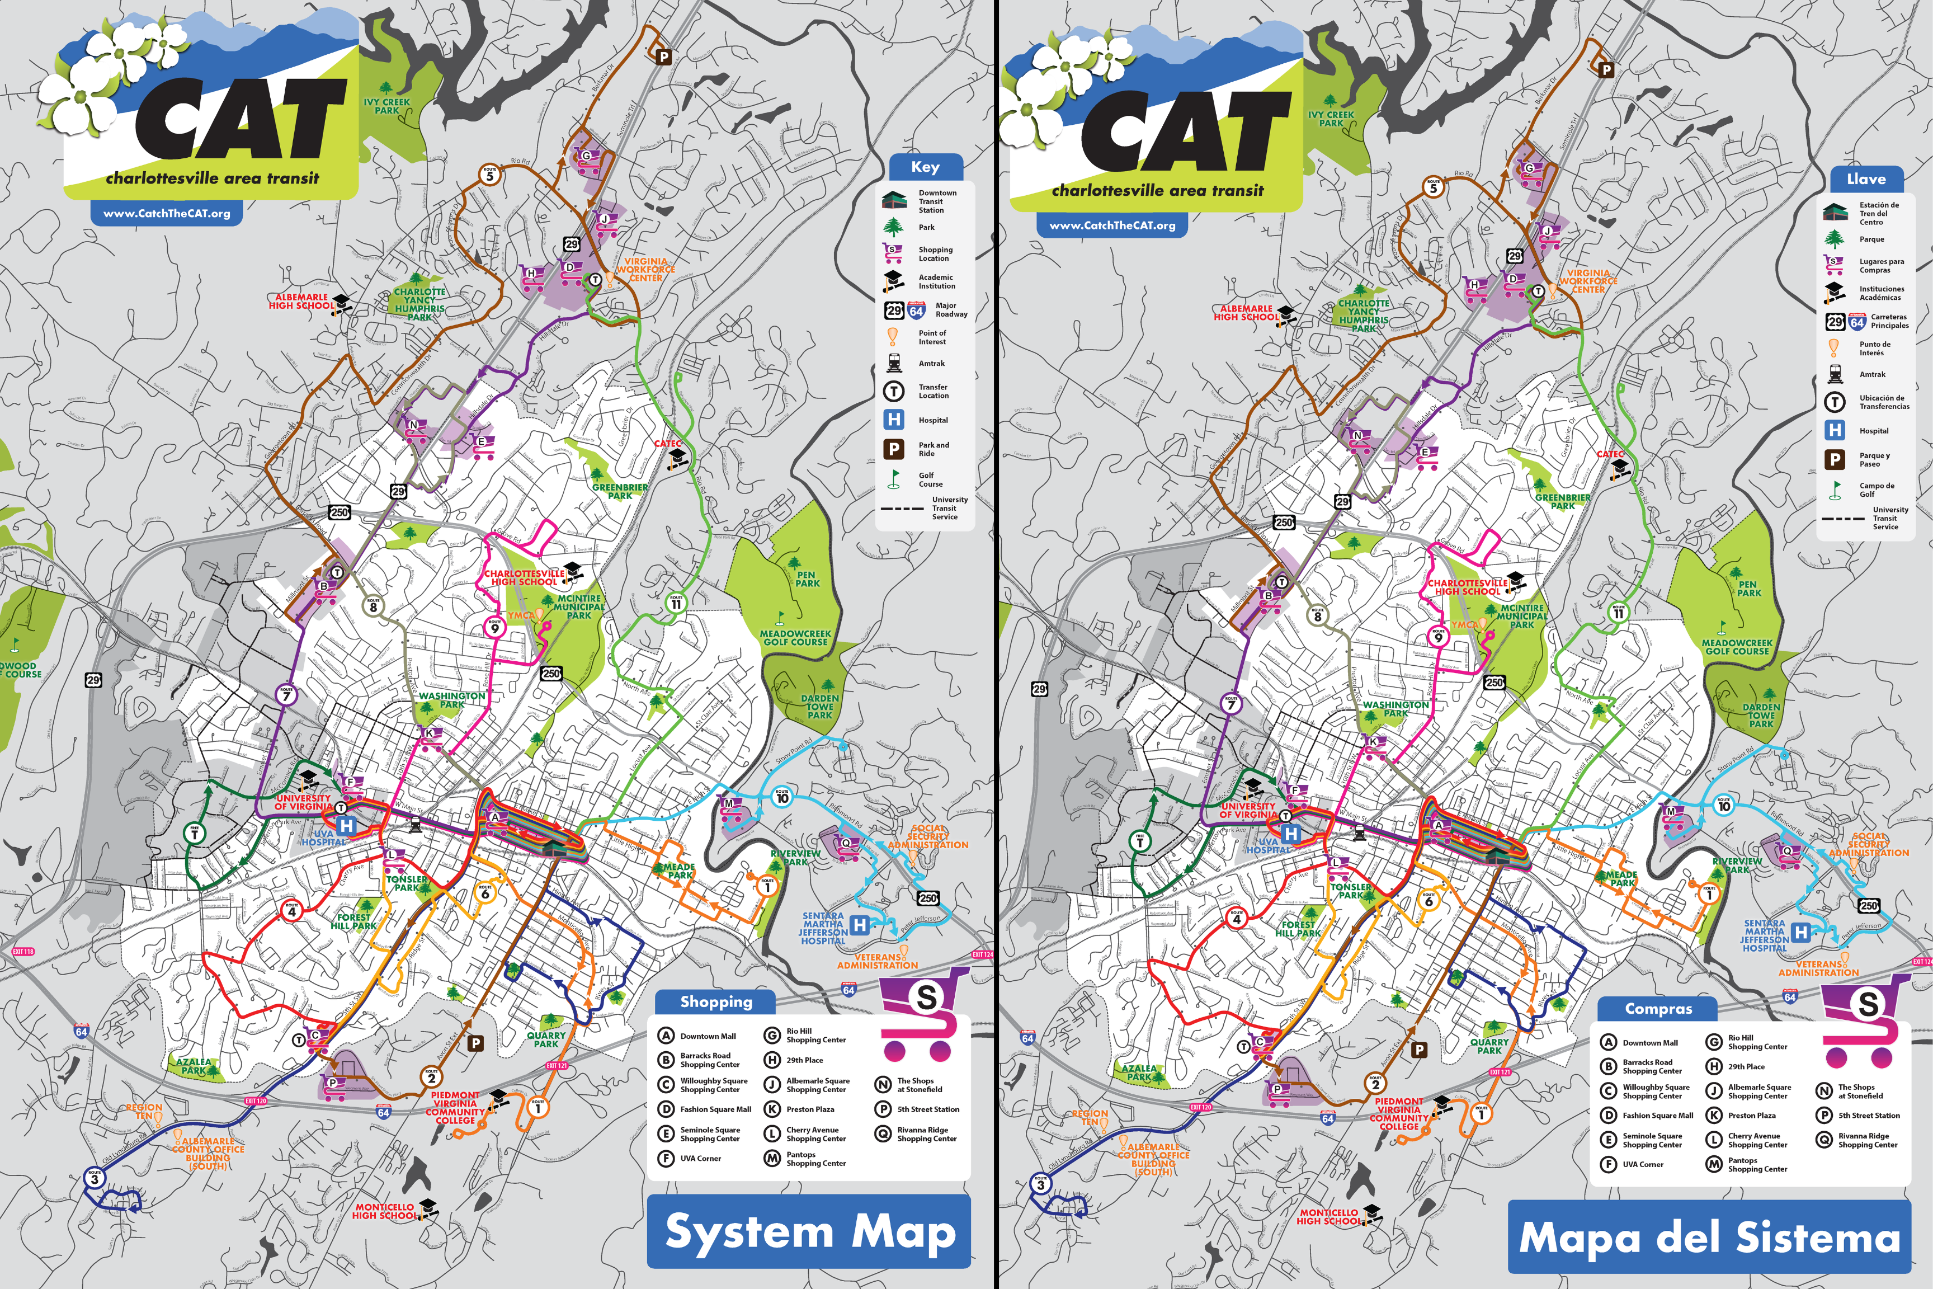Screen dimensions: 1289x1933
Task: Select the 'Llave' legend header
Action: click(x=1866, y=179)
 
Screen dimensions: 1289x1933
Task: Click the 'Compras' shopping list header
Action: click(x=1658, y=1009)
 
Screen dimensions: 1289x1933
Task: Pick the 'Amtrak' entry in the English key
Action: click(x=931, y=363)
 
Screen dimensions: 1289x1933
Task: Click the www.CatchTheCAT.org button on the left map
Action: click(x=166, y=214)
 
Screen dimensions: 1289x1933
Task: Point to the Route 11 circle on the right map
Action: click(x=1618, y=613)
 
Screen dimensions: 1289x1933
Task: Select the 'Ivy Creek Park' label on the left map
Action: click(x=386, y=106)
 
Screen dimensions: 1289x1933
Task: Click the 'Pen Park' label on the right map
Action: click(x=1749, y=589)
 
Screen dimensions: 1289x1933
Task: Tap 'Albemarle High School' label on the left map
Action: click(x=301, y=302)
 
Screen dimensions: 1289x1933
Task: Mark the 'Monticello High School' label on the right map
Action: click(x=1328, y=1217)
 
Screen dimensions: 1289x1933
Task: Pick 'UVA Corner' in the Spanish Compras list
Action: click(x=1642, y=1164)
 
